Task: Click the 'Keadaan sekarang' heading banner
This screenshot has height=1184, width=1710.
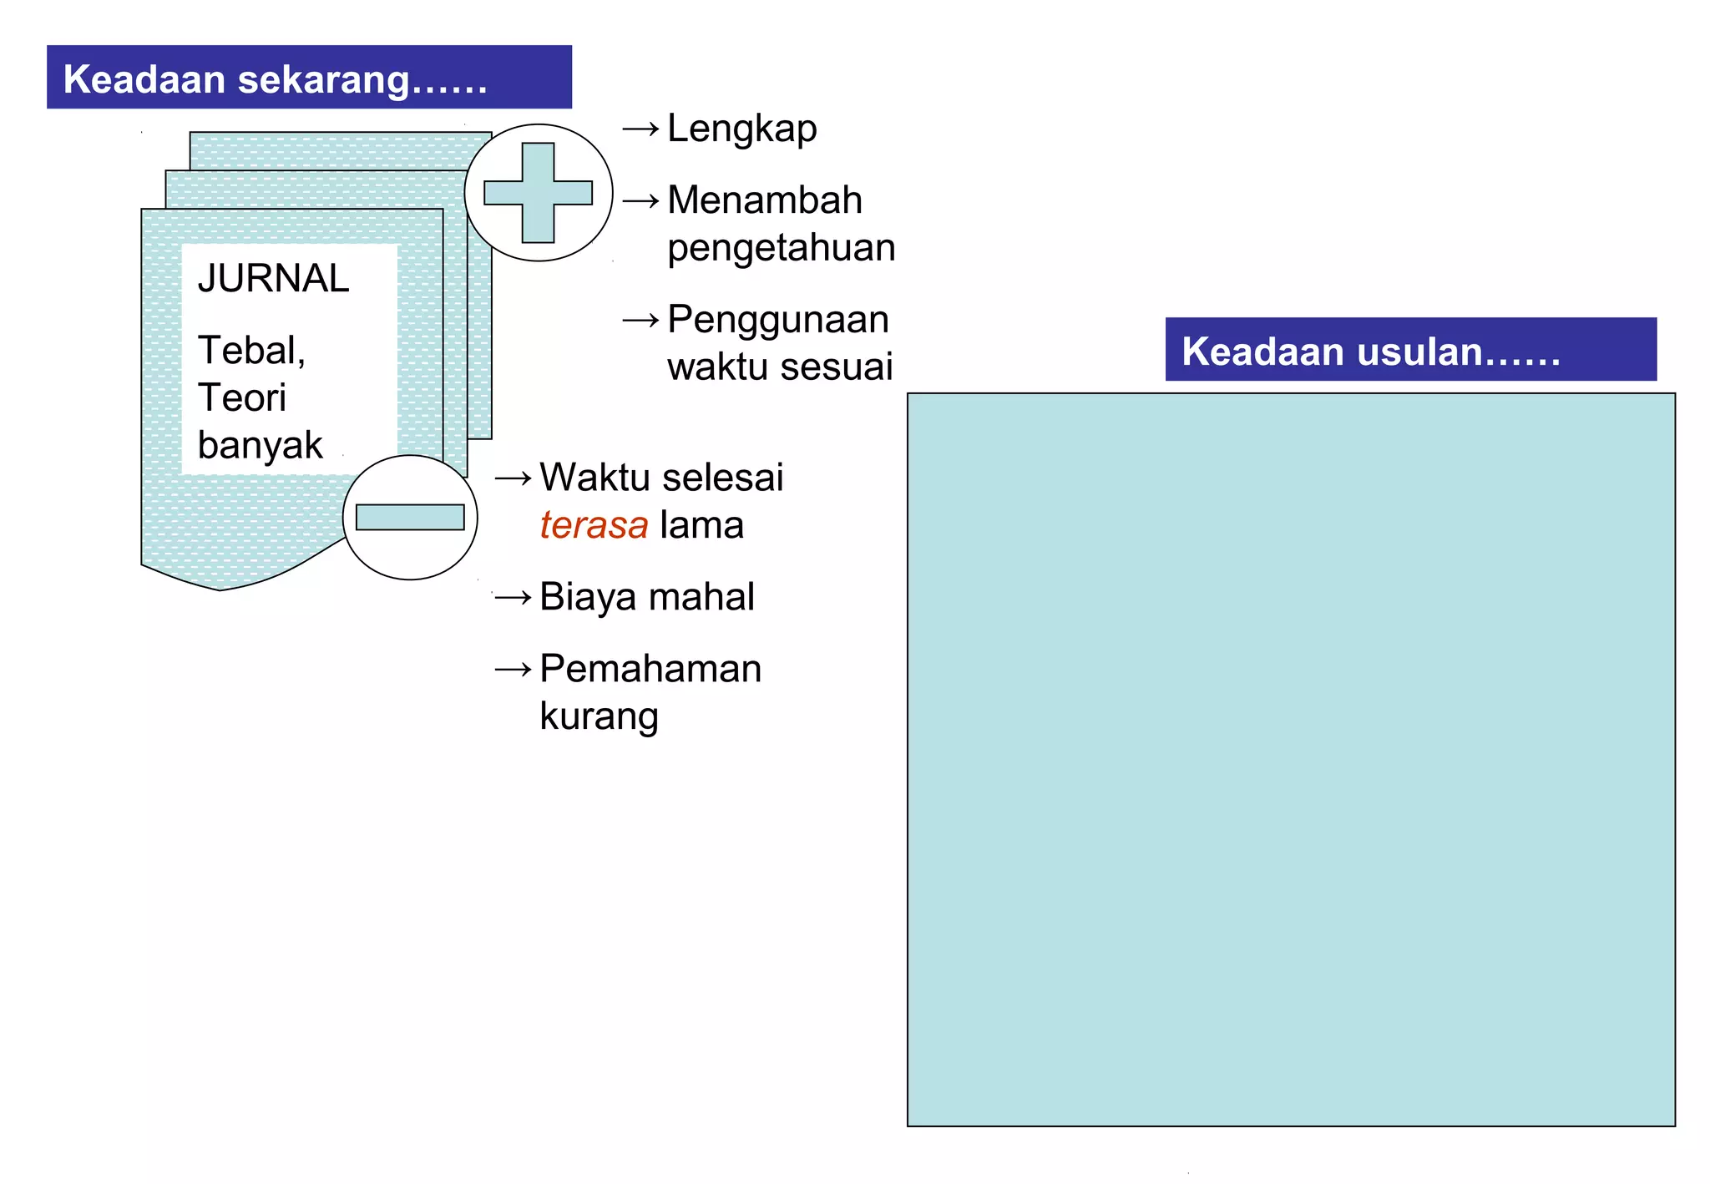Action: pyautogui.click(x=309, y=78)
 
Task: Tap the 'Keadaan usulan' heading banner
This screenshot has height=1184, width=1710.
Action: pyautogui.click(x=1410, y=350)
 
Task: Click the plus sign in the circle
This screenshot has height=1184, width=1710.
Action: pyautogui.click(x=539, y=193)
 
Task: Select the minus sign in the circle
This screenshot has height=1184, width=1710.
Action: pyautogui.click(x=410, y=518)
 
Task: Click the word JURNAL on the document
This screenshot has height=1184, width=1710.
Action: pyautogui.click(x=273, y=279)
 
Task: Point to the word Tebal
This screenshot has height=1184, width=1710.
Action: pyautogui.click(x=250, y=351)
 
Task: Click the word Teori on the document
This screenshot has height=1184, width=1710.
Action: pyautogui.click(x=242, y=398)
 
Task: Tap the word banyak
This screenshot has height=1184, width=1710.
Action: pyautogui.click(x=260, y=446)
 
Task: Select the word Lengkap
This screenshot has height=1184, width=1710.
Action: pyautogui.click(x=741, y=129)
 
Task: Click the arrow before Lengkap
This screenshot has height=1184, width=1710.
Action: pyautogui.click(x=640, y=129)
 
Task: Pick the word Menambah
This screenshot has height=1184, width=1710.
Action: pyautogui.click(x=764, y=200)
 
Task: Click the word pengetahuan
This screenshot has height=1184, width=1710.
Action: pyautogui.click(x=781, y=249)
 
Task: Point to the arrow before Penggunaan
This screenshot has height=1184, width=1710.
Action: pyautogui.click(x=640, y=320)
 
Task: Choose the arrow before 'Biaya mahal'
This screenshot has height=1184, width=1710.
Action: pyautogui.click(x=513, y=598)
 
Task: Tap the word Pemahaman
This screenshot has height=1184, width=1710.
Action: pyautogui.click(x=650, y=670)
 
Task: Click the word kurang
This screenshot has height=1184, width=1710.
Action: pyautogui.click(x=599, y=717)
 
